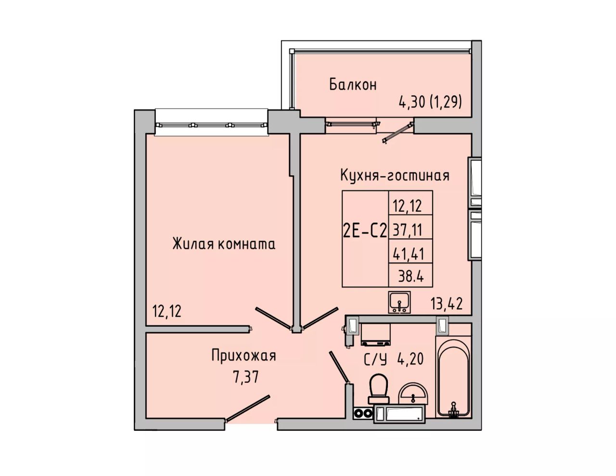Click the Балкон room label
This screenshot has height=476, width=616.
pos(353,85)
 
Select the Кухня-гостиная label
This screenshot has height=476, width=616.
pos(395,175)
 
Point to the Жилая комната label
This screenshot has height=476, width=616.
pos(224,244)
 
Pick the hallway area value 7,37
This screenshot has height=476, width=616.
pos(245,377)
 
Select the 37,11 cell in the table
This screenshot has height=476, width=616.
pos(407,230)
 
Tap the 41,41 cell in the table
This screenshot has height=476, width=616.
pos(408,254)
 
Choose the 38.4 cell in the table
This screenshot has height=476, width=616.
pos(411,276)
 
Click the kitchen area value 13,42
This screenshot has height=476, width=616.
pos(447,304)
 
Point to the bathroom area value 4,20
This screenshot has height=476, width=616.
pos(411,359)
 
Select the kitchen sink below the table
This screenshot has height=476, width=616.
pos(399,303)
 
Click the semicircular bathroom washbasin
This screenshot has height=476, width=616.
pos(413,393)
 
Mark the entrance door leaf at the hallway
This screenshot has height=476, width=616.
pos(247,408)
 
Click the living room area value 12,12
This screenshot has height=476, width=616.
pos(167,311)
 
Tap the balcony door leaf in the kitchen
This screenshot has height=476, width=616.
pos(398,132)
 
